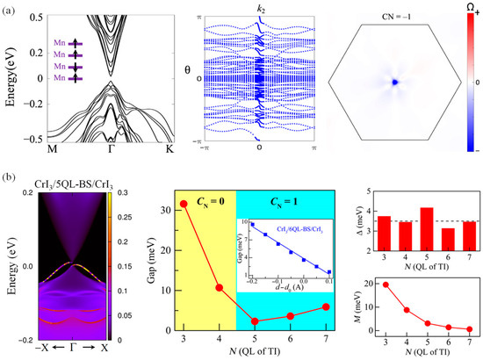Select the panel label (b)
coord(10,176)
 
